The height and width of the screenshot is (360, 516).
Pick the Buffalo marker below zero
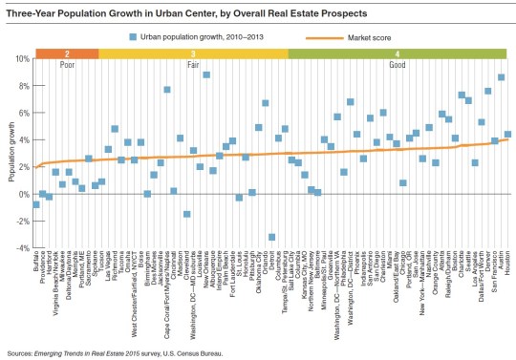[36, 204]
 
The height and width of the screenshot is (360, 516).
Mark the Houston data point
[508, 135]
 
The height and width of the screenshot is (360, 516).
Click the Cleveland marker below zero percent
[187, 214]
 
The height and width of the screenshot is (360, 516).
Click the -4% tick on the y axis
[20, 248]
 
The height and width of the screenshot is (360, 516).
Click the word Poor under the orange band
[67, 66]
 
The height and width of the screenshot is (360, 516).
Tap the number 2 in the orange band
[67, 54]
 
